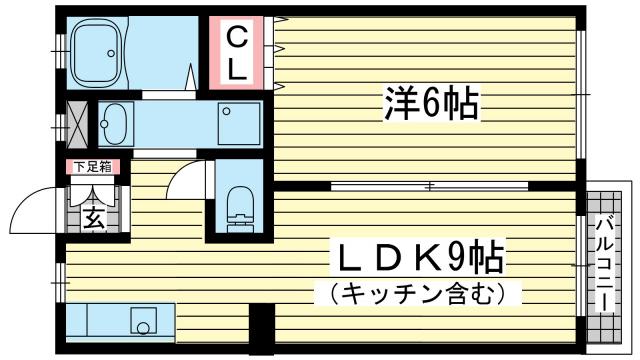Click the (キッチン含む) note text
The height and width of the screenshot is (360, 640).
(x=418, y=293)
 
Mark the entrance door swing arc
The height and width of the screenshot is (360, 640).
(x=30, y=205)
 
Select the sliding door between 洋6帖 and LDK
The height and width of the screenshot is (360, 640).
(x=430, y=187)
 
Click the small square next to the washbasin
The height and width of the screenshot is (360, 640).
(x=227, y=111)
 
